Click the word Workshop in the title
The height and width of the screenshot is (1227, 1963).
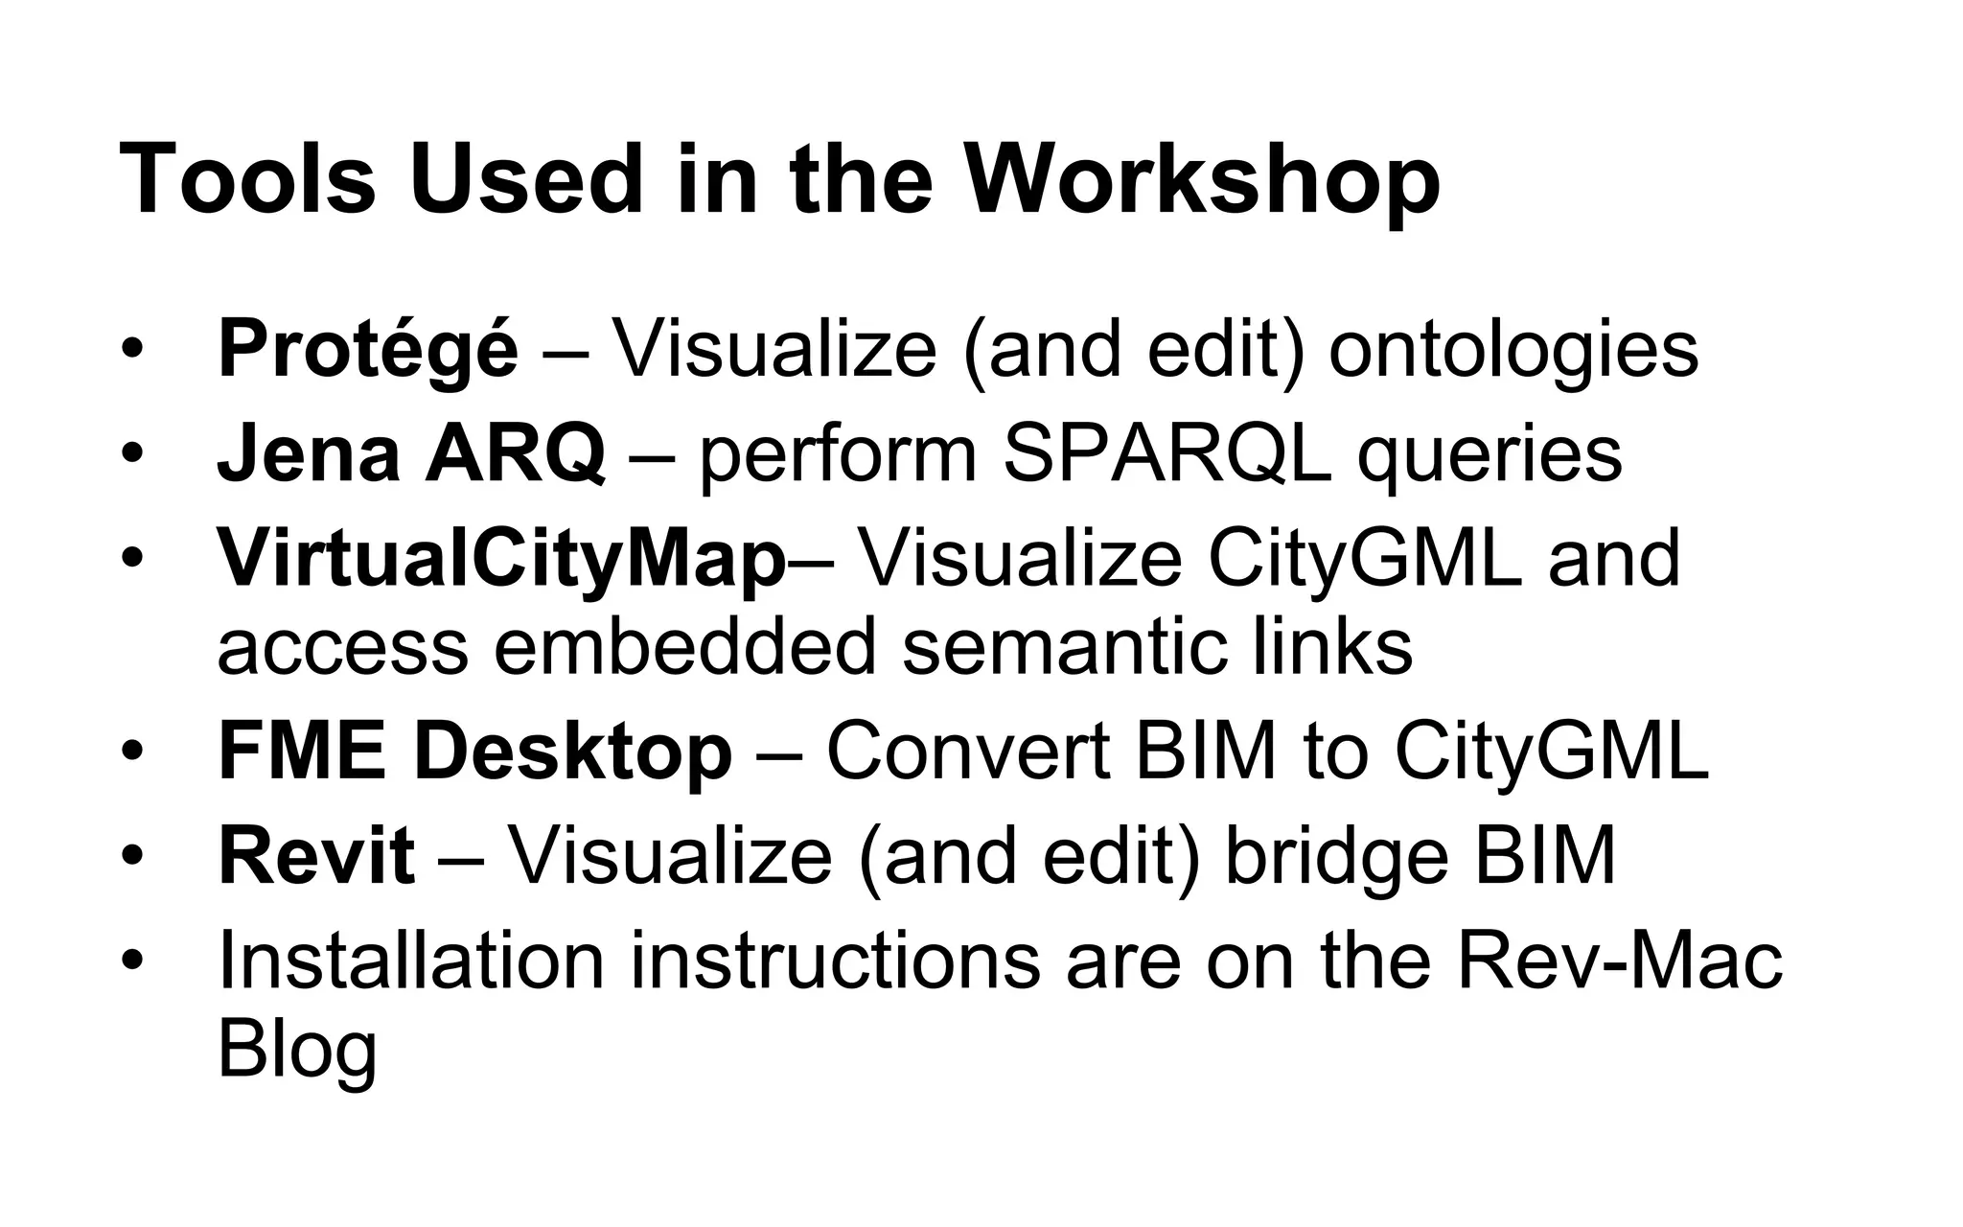(x=1202, y=180)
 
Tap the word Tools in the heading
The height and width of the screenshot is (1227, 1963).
(x=247, y=180)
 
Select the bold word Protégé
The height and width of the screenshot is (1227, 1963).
(x=368, y=349)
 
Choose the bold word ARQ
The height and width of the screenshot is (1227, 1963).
(x=515, y=454)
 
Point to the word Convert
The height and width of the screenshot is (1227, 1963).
(x=967, y=752)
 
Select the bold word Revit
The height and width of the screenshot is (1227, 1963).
(x=316, y=855)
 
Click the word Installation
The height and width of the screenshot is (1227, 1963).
(x=411, y=960)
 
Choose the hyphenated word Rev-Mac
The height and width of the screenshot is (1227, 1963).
(x=1619, y=960)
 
